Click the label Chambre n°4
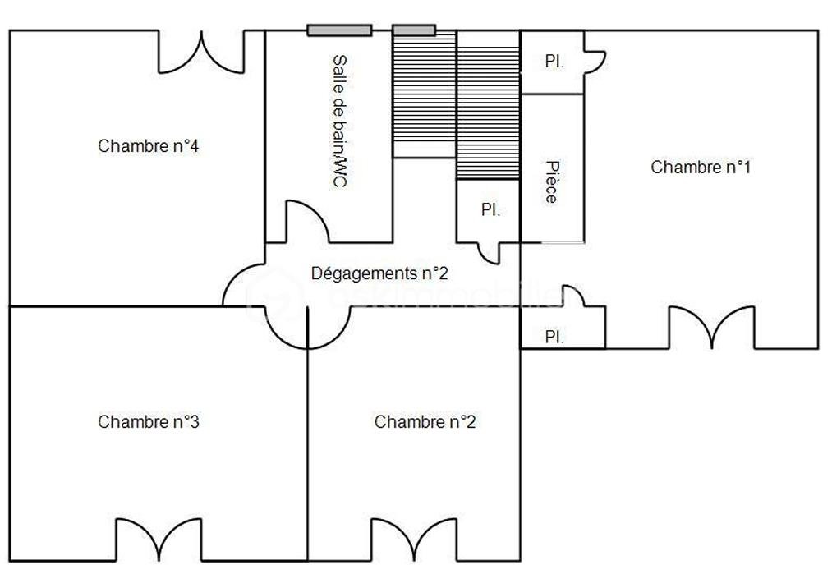click(149, 146)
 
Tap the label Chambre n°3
click(149, 422)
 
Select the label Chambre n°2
click(425, 422)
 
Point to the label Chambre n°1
click(701, 168)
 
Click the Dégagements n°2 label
click(379, 273)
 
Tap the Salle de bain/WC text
click(338, 122)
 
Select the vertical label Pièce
click(551, 181)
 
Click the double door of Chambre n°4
click(201, 53)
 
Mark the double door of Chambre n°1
click(712, 328)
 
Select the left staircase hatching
click(424, 94)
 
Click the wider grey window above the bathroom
click(339, 30)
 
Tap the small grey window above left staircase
click(413, 30)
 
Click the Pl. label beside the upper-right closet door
click(555, 62)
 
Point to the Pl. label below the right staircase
click(490, 210)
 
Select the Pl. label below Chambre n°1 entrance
click(555, 337)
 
